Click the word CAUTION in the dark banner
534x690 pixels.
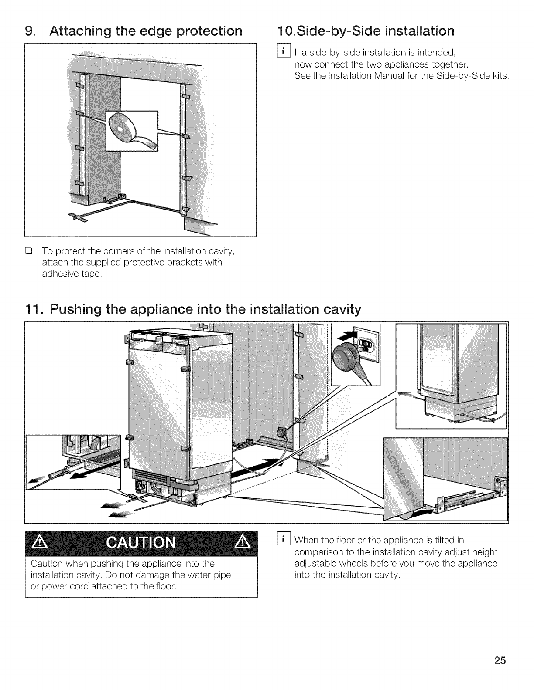click(141, 543)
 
